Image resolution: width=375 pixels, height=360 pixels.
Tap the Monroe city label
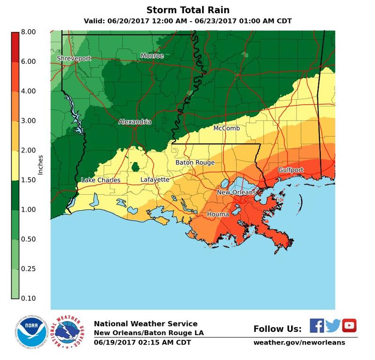pos(152,56)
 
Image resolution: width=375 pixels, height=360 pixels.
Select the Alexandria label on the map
pos(135,122)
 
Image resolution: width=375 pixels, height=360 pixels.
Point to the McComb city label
pos(227,128)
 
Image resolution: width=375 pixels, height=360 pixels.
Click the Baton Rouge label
pos(195,163)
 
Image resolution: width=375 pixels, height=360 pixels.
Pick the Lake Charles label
pos(101,180)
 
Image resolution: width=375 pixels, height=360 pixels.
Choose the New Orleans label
pos(236,192)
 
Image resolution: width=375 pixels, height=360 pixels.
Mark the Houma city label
pos(218,214)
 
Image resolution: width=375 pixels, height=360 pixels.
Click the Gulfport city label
pos(291,170)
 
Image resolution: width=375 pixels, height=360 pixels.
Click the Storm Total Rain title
pos(187,10)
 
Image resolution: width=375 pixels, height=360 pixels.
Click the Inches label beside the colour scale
pos(40,164)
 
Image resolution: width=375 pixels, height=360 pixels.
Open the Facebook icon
pos(317,325)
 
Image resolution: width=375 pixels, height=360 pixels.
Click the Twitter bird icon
pos(333,325)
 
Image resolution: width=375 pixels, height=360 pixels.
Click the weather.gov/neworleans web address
pos(299,342)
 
